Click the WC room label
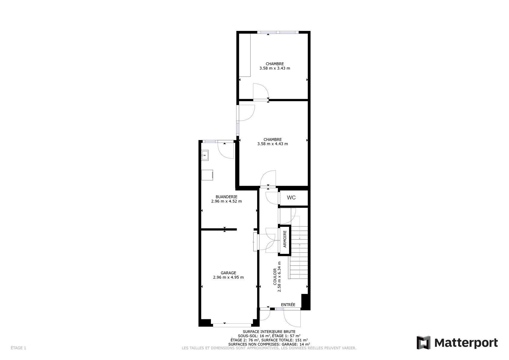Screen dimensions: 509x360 click(291, 198)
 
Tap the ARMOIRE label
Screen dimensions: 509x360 click(285, 239)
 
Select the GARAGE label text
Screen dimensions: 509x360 click(228, 273)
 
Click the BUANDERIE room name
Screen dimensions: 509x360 click(226, 197)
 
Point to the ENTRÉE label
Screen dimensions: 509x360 click(288, 304)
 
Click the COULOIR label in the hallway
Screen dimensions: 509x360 click(275, 277)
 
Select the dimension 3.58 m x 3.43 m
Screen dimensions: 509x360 click(275, 68)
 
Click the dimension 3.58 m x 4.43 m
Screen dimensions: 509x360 click(273, 144)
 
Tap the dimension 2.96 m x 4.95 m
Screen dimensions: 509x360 click(228, 277)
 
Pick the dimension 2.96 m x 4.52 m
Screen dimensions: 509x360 click(226, 201)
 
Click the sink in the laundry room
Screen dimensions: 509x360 click(205, 155)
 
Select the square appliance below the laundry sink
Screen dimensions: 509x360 click(207, 175)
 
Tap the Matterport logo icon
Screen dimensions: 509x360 click(423, 343)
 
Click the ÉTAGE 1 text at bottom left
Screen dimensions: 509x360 click(18, 348)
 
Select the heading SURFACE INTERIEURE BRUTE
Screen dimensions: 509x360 click(269, 331)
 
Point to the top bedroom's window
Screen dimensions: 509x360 click(278, 32)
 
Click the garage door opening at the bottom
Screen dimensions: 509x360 click(232, 325)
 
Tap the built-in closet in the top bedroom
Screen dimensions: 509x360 click(245, 55)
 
